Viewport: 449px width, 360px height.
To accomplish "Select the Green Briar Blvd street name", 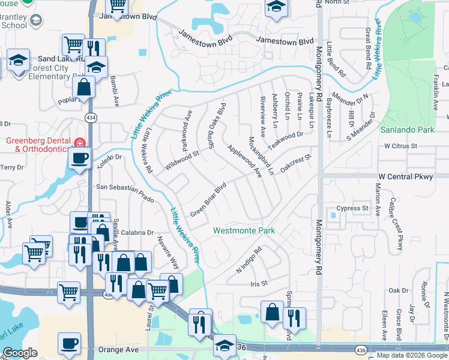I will point(207,200).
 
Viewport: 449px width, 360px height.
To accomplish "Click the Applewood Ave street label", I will point(245,161).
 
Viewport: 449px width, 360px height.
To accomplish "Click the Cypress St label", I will point(352,208).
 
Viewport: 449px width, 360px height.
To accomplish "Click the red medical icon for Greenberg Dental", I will point(79,142).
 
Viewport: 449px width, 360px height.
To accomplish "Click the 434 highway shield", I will point(91,117).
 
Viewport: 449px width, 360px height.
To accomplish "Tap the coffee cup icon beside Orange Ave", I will point(69,344).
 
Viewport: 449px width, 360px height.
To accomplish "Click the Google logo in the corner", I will point(20,353).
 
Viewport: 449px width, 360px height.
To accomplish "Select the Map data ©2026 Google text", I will point(411,355).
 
